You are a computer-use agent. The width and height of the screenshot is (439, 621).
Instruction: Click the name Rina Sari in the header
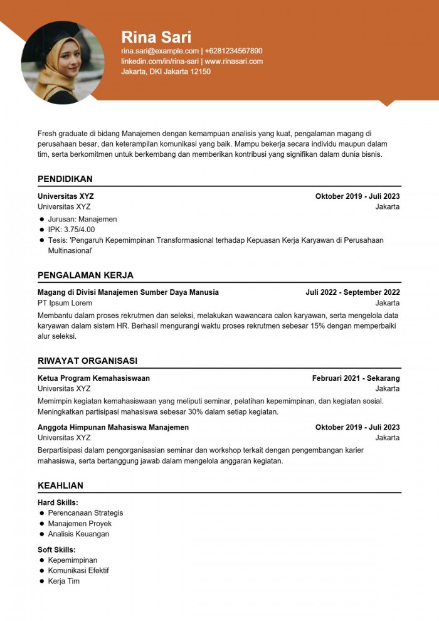click(156, 37)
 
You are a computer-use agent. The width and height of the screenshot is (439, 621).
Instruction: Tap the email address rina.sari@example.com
click(160, 51)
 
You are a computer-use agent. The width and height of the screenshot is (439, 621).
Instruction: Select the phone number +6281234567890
click(233, 51)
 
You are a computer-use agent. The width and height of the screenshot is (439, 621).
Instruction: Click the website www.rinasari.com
click(234, 61)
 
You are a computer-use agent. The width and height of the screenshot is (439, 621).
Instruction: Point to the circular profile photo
click(63, 63)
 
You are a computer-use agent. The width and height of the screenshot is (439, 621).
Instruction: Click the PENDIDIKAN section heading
click(65, 179)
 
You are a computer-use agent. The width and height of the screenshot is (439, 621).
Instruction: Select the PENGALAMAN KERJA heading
click(85, 275)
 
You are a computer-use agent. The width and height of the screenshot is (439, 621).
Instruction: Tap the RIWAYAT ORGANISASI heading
click(87, 361)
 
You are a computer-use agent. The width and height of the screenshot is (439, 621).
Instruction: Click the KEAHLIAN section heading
click(60, 486)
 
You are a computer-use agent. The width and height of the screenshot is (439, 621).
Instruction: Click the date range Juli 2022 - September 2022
click(352, 292)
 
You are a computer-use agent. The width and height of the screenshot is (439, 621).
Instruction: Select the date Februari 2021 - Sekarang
click(356, 378)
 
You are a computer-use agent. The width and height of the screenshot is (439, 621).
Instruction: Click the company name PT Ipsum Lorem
click(65, 303)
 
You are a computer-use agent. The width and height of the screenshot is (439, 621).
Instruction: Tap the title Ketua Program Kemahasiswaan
click(93, 378)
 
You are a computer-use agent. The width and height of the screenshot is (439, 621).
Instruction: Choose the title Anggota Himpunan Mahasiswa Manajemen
click(113, 427)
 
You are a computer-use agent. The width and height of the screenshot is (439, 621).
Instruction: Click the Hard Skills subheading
click(58, 502)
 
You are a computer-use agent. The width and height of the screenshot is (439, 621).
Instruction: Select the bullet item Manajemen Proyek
click(80, 524)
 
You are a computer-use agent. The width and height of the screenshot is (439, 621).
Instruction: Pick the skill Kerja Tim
click(64, 581)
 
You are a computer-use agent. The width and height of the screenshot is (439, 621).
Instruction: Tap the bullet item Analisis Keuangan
click(78, 534)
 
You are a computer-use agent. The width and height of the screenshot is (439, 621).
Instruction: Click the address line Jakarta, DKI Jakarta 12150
click(166, 72)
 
